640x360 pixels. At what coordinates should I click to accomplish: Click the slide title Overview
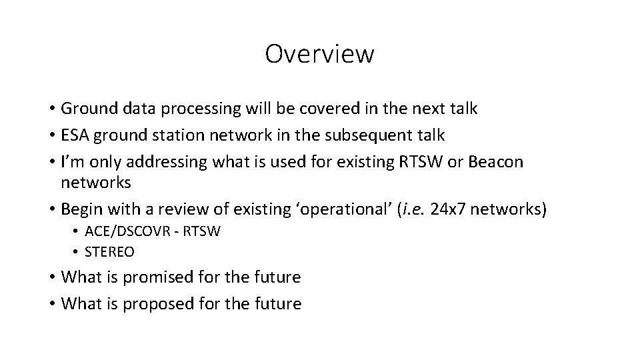pyautogui.click(x=319, y=54)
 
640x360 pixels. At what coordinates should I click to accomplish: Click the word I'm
pyautogui.click(x=71, y=162)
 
